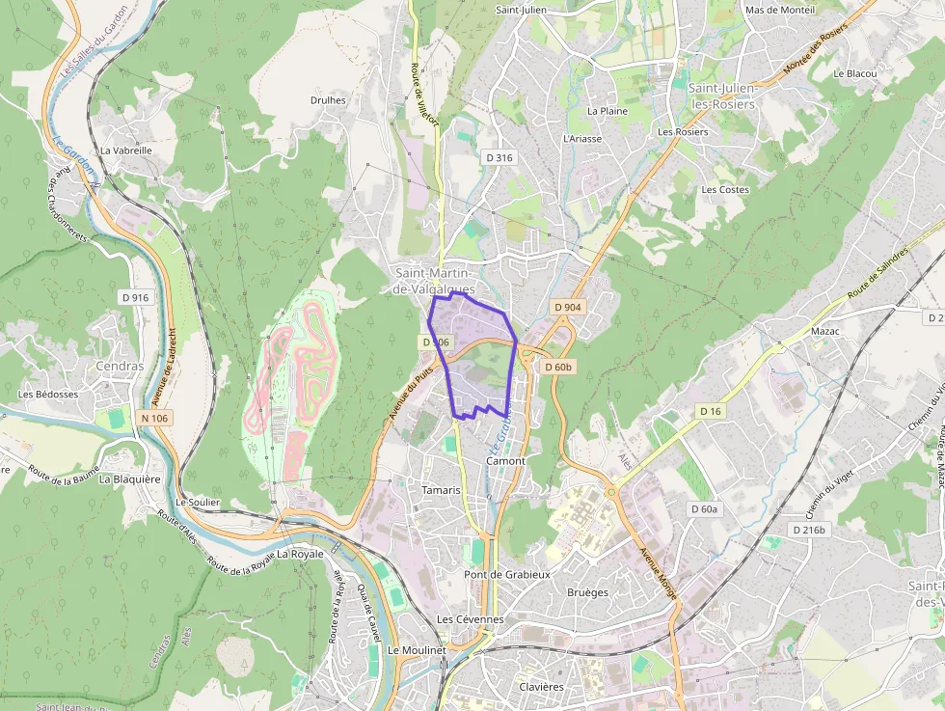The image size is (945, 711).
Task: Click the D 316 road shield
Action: click(x=499, y=157)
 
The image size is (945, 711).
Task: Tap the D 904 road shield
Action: click(x=568, y=307)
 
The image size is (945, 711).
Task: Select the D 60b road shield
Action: click(x=558, y=367)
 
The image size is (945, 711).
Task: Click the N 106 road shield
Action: click(x=153, y=418)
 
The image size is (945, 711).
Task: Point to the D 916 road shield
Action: click(x=136, y=297)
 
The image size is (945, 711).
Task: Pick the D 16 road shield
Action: click(x=711, y=411)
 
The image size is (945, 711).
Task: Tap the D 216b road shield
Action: click(x=808, y=530)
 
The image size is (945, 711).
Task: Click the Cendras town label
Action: click(x=120, y=367)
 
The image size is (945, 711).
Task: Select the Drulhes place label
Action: click(x=328, y=99)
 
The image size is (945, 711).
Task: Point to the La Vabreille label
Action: click(x=126, y=150)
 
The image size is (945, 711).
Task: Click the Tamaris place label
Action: click(x=442, y=490)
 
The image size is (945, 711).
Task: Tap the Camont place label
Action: click(x=506, y=461)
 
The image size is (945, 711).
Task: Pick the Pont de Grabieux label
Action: click(x=507, y=574)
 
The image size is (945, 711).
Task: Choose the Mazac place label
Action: click(x=825, y=331)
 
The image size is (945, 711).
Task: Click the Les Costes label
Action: click(x=725, y=190)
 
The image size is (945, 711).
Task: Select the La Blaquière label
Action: click(x=130, y=479)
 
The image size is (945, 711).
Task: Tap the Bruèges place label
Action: click(x=588, y=592)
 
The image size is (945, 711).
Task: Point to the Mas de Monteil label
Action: click(x=780, y=10)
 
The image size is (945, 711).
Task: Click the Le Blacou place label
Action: click(x=855, y=73)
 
